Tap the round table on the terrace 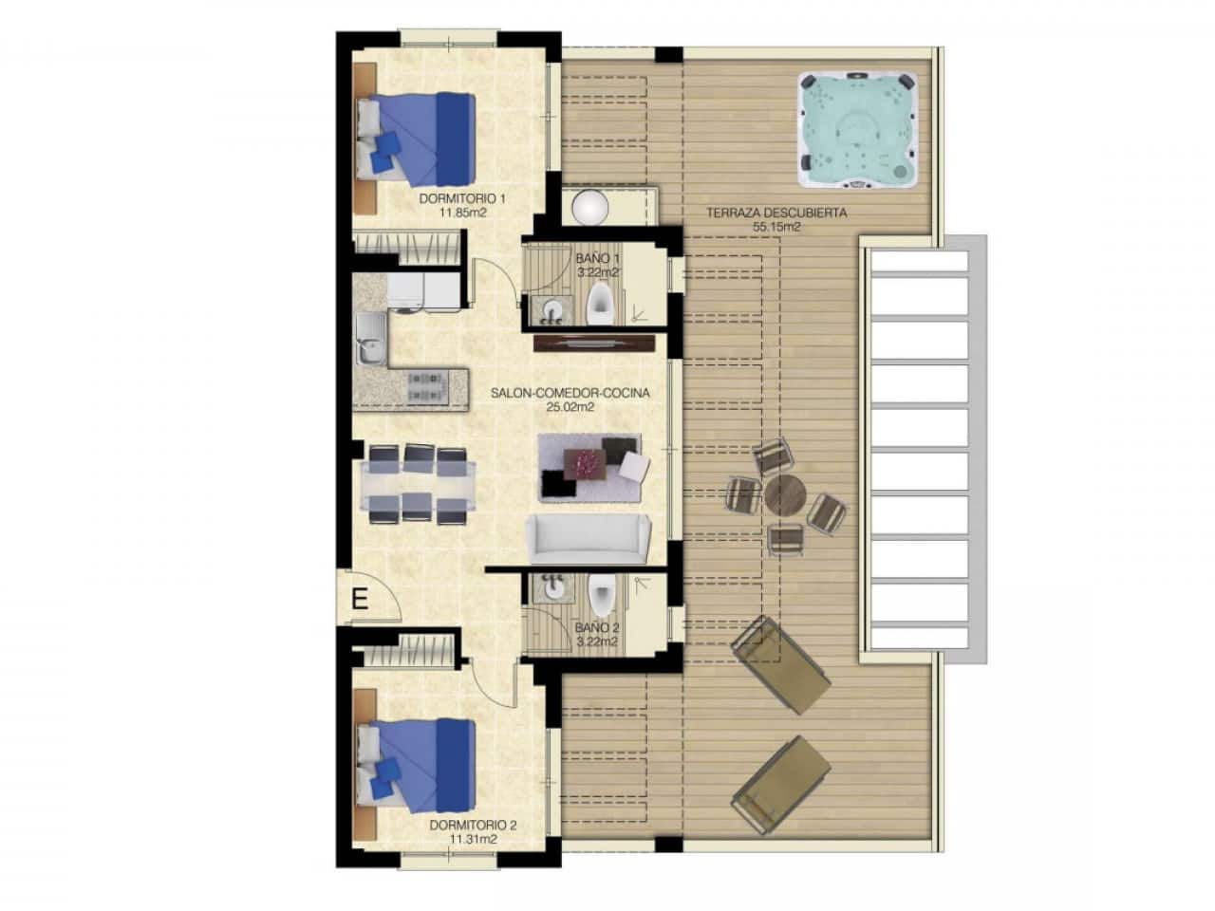[785, 493]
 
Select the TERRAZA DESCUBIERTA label [776, 214]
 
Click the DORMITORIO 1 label [462, 199]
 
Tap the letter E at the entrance [359, 599]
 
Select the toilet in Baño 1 [599, 304]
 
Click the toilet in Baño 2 [600, 595]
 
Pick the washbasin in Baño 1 [553, 307]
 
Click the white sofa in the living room [588, 540]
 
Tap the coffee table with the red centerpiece [589, 463]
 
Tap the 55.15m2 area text [776, 228]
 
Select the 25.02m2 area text [570, 407]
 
